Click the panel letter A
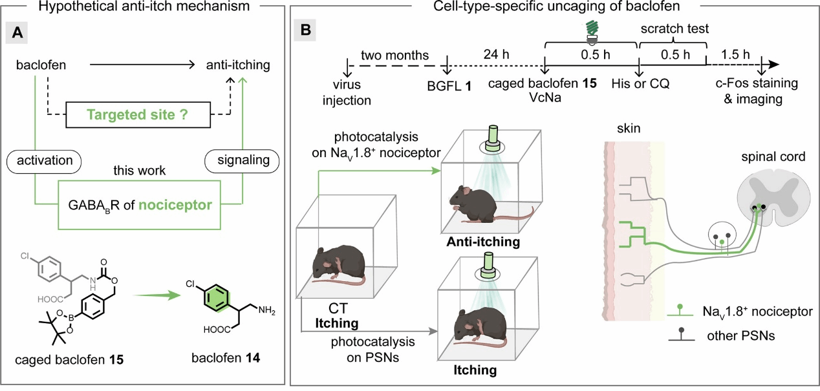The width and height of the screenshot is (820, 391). pyautogui.click(x=17, y=32)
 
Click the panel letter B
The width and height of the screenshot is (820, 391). pyautogui.click(x=305, y=30)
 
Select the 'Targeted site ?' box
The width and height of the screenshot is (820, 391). pyautogui.click(x=138, y=115)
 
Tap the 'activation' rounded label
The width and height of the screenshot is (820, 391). pyautogui.click(x=44, y=160)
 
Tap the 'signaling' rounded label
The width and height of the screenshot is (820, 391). pyautogui.click(x=243, y=160)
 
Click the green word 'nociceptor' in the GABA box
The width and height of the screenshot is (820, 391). pyautogui.click(x=175, y=205)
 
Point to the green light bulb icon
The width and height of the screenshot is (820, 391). pyautogui.click(x=592, y=32)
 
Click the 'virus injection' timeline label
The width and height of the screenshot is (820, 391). pyautogui.click(x=347, y=92)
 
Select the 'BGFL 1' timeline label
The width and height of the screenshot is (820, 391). pyautogui.click(x=449, y=87)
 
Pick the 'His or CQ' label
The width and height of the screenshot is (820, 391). pyautogui.click(x=640, y=84)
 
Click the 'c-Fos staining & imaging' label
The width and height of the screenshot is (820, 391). pyautogui.click(x=757, y=91)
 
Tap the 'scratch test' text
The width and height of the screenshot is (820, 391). pyautogui.click(x=674, y=28)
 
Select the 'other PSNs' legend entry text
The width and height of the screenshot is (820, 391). pyautogui.click(x=741, y=336)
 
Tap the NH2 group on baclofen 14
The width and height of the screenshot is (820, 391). pyautogui.click(x=266, y=311)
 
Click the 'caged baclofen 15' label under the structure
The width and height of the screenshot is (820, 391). pyautogui.click(x=69, y=360)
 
